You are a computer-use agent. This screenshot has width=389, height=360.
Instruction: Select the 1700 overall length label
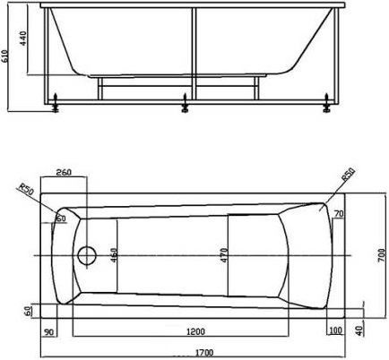(x=186, y=351)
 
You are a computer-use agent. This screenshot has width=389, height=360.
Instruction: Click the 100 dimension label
(x=336, y=331)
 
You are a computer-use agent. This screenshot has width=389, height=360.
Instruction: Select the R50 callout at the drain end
(x=25, y=190)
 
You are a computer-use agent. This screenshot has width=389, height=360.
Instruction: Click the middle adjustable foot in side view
(x=186, y=107)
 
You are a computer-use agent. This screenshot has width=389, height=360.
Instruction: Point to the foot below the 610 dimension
(x=56, y=107)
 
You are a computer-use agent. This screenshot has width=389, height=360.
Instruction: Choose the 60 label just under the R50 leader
(x=61, y=218)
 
